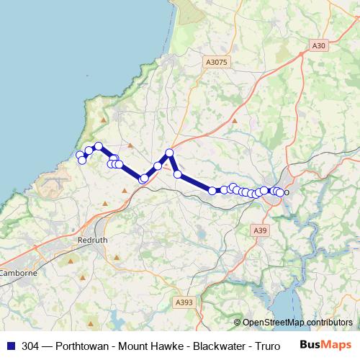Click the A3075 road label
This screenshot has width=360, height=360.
tap(216, 63)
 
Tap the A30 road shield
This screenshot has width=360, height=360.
tap(320, 45)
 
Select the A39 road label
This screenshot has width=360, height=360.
tap(261, 230)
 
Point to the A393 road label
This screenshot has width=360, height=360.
tap(184, 302)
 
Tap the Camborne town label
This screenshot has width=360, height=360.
tap(18, 273)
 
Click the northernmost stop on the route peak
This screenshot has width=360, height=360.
tap(170, 153)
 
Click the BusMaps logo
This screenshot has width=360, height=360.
tap(325, 346)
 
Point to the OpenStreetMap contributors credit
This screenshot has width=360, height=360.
tap(297, 322)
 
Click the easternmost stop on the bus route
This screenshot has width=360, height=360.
tap(280, 193)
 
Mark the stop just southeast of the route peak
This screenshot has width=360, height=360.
tap(177, 174)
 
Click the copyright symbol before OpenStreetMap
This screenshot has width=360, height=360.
tap(238, 322)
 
